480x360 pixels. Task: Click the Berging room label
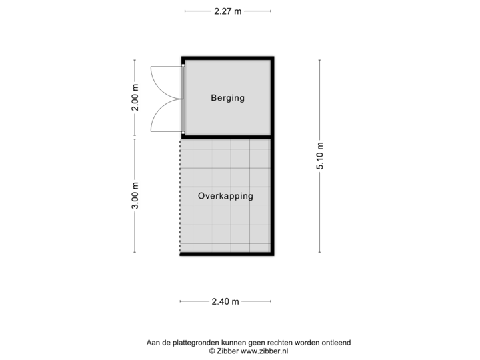(227, 98)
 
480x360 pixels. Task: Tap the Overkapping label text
(225, 196)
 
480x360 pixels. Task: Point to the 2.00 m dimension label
(135, 97)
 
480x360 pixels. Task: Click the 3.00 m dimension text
(135, 196)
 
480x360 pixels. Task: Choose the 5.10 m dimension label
(320, 157)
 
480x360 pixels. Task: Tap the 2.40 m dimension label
(225, 301)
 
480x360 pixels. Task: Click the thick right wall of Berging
(273, 97)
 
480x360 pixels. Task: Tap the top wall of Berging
(227, 57)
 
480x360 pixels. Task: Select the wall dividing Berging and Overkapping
(227, 136)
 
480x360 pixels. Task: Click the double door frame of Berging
(183, 98)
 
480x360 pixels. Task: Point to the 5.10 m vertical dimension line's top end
(320, 61)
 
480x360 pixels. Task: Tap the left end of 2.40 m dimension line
(181, 301)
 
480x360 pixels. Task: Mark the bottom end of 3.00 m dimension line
(135, 252)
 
